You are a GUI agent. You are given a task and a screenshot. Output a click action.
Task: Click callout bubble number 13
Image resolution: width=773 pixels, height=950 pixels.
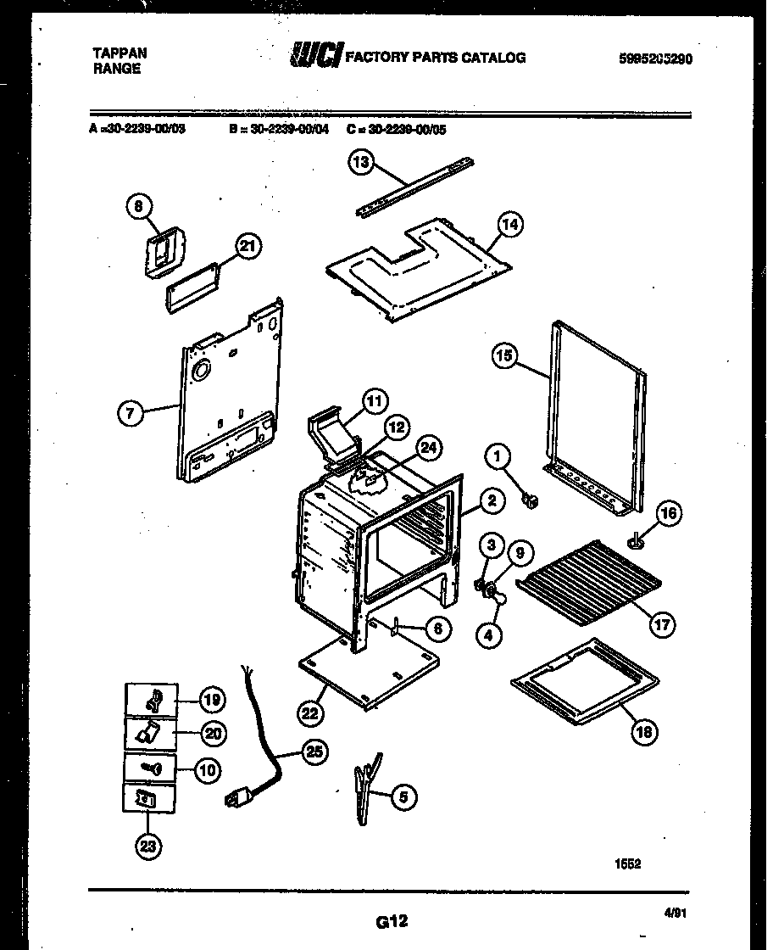[x=362, y=164]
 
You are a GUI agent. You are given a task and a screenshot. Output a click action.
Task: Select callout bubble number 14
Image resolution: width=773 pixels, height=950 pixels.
[x=509, y=225]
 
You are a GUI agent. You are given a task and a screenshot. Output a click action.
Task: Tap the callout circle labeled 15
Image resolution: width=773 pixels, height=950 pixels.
[x=505, y=356]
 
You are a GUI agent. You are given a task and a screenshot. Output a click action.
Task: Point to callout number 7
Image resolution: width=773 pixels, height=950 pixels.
[x=130, y=413]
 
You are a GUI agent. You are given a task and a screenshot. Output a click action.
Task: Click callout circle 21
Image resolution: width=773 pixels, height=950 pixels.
[x=247, y=247]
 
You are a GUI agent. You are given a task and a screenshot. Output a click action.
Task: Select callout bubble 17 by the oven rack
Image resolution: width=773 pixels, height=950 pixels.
[x=661, y=626]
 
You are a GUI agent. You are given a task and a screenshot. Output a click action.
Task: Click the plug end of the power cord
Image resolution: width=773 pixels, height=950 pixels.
[x=236, y=798]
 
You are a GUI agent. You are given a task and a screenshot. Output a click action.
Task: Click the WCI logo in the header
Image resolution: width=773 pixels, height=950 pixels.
[x=316, y=56]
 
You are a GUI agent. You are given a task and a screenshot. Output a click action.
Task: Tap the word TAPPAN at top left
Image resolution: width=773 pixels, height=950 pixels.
[x=120, y=53]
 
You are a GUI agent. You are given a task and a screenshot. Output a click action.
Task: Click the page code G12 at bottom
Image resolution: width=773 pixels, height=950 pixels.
[x=390, y=919]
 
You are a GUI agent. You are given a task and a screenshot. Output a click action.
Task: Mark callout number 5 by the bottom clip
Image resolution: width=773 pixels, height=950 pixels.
[x=403, y=796]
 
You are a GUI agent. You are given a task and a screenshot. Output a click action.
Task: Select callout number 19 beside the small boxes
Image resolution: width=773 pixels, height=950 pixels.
[x=212, y=700]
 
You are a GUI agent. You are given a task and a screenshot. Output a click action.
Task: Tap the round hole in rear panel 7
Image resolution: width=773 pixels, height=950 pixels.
[x=203, y=370]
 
